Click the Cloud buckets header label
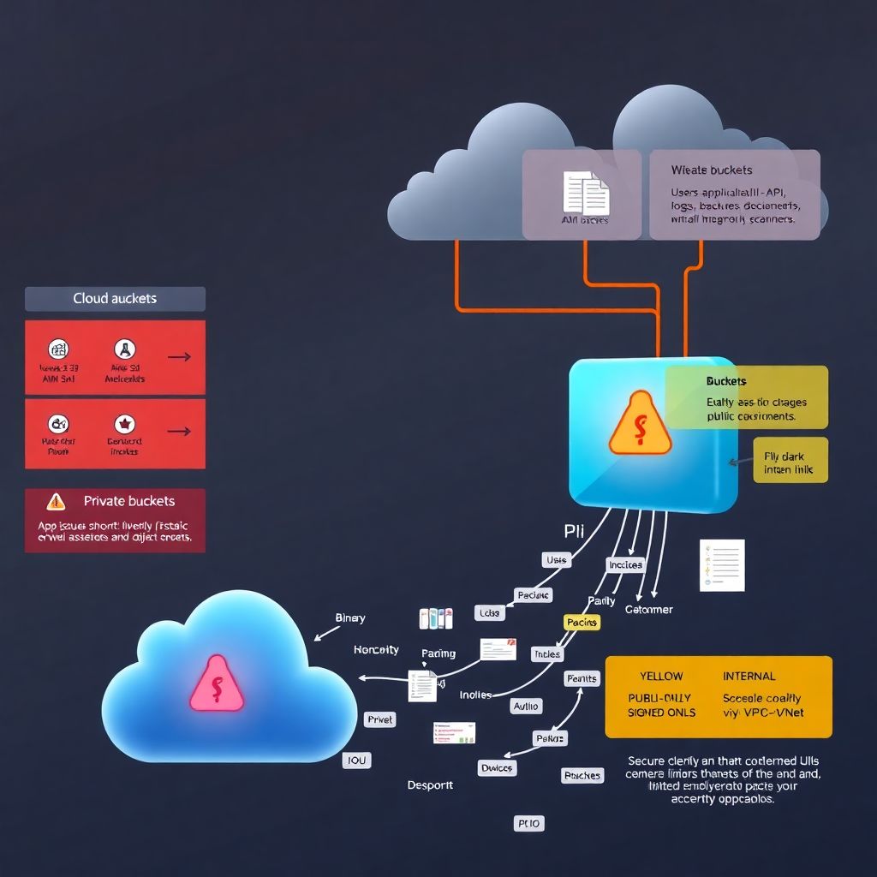click(x=115, y=299)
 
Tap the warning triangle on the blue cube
click(x=640, y=423)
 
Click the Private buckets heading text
click(x=128, y=501)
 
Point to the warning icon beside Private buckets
click(x=56, y=502)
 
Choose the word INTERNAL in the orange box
click(x=749, y=676)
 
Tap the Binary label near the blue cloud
click(x=349, y=617)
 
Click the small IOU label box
click(x=356, y=760)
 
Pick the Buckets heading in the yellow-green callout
click(x=726, y=381)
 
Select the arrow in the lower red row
click(x=178, y=432)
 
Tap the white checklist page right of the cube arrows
click(x=722, y=565)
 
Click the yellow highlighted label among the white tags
click(x=582, y=623)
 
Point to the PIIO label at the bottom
click(x=528, y=823)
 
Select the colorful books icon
click(x=435, y=618)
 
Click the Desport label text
click(x=430, y=785)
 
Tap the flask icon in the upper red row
click(x=125, y=349)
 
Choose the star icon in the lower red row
click(x=125, y=423)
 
